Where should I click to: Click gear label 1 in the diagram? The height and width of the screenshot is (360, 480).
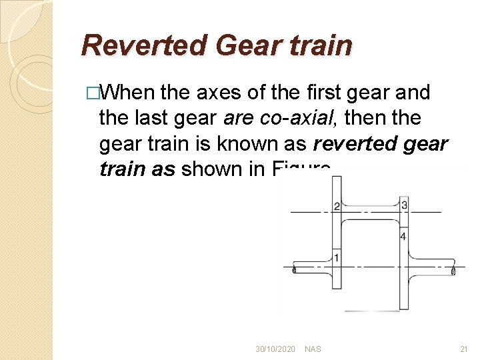click(x=337, y=257)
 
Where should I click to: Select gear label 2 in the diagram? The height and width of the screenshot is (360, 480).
click(x=337, y=206)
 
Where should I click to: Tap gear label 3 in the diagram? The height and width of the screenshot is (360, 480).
click(x=404, y=205)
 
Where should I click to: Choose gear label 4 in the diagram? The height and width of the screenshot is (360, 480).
click(x=403, y=236)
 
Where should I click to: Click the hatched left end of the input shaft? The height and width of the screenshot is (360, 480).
click(x=295, y=270)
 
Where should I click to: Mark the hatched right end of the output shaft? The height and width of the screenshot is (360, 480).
click(x=454, y=271)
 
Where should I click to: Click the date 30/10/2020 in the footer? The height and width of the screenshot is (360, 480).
click(x=275, y=349)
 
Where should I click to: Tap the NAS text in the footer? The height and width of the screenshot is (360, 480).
click(x=313, y=349)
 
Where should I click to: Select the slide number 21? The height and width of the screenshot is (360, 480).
click(x=464, y=349)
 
